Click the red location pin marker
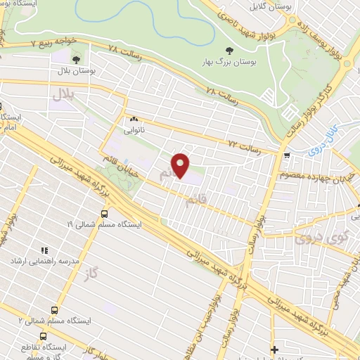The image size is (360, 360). pyautogui.click(x=181, y=166)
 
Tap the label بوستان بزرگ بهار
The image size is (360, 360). pyautogui.click(x=229, y=62)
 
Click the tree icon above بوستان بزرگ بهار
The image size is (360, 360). pyautogui.click(x=229, y=49)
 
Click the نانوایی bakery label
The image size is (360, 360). pyautogui.click(x=134, y=130)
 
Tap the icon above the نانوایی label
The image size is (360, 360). pyautogui.click(x=134, y=119)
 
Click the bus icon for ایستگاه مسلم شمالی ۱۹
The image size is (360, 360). pyautogui.click(x=105, y=213)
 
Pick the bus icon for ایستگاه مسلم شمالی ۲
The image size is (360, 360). pyautogui.click(x=55, y=309)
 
